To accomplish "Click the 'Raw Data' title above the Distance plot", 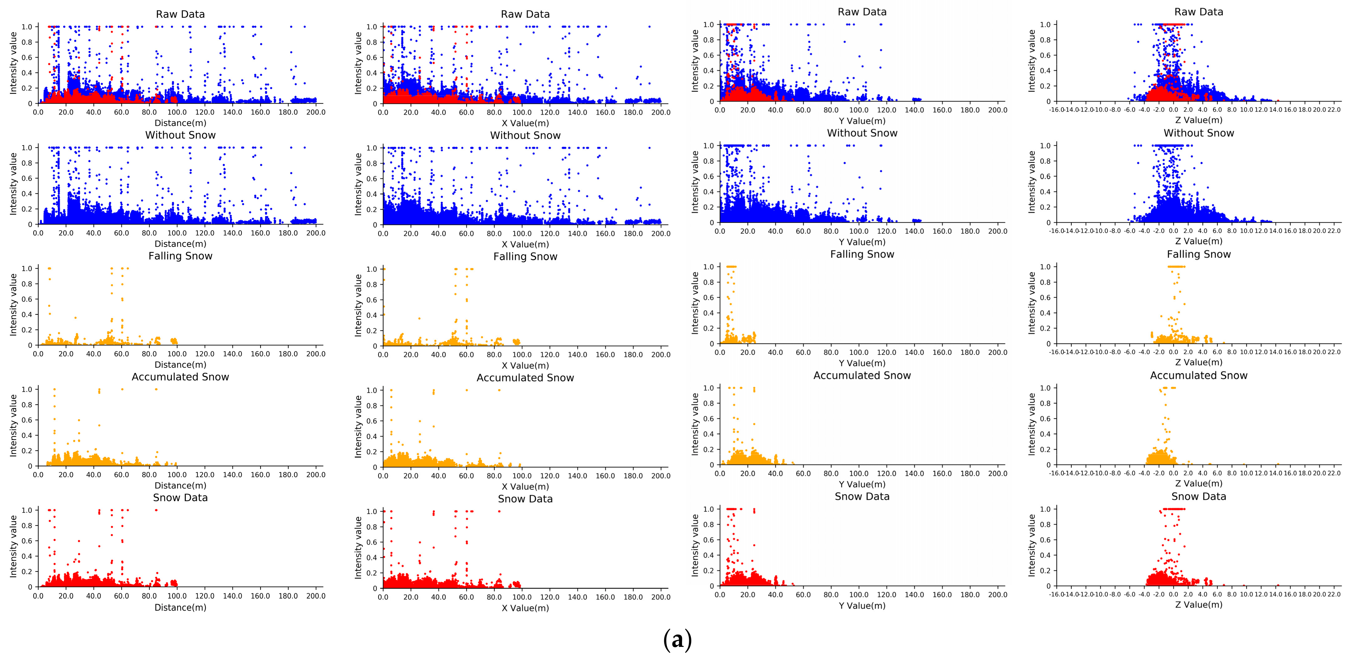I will (180, 14).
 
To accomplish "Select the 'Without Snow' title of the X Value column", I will (525, 135).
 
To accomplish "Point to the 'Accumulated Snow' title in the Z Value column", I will (1198, 375).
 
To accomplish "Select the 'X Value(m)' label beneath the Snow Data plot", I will (525, 608).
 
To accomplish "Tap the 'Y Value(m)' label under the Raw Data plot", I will (862, 121).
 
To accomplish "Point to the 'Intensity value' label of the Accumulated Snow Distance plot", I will (13, 426).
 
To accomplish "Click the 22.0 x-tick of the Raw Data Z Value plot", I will (1334, 110).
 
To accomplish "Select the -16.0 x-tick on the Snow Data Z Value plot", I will (1056, 594).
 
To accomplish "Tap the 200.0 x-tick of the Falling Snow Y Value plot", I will (998, 352).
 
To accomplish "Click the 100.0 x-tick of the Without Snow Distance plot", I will (176, 233).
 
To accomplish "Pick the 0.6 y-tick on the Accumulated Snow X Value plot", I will (372, 421).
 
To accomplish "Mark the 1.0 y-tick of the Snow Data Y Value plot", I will (708, 509).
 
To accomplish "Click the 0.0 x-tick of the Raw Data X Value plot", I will (383, 112).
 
